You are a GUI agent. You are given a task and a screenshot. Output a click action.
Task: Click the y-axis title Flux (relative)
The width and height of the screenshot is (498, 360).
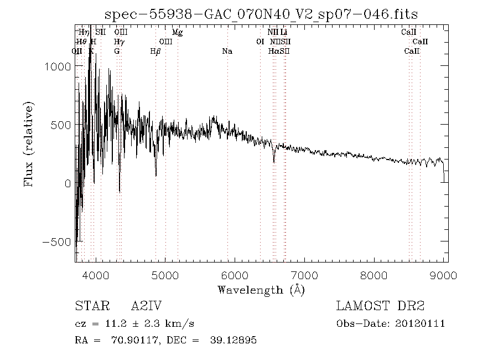pos(29,143)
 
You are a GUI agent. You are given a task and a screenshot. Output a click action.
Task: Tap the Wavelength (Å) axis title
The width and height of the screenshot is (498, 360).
pos(261,290)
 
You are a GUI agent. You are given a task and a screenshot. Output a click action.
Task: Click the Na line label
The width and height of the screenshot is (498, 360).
pos(227,51)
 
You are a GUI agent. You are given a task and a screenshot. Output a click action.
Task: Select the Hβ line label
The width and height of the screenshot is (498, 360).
pos(155,51)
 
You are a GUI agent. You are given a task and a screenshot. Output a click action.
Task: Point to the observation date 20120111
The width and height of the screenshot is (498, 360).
pos(421,323)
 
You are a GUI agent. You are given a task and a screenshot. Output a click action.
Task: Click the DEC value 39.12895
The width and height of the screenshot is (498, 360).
pos(234,340)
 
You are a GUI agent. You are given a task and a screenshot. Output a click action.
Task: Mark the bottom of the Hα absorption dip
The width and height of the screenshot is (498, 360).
pos(273,162)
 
